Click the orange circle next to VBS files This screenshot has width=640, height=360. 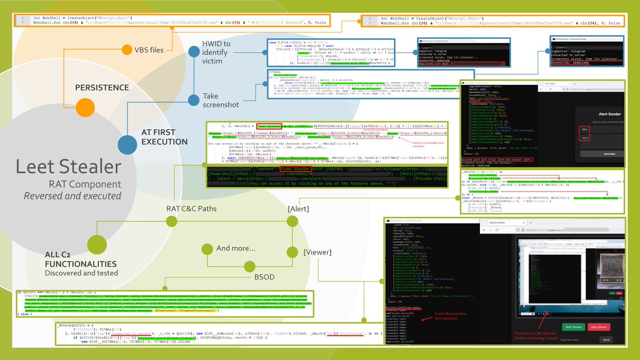126,50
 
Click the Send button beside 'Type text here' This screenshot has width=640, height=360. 605,339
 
